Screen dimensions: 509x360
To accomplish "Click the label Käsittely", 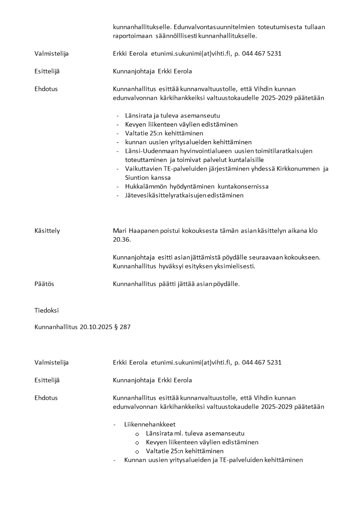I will [47, 231].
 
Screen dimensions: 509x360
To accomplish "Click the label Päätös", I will [44, 284].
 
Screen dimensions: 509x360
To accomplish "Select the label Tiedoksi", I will [46, 311].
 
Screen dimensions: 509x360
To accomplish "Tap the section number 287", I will [125, 327].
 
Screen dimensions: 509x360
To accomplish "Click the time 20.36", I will [120, 240].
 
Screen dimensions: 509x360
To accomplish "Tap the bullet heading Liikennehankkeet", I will [150, 425].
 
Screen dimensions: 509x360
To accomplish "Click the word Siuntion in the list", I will [138, 178].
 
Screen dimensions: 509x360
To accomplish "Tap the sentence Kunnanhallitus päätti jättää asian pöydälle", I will [176, 284].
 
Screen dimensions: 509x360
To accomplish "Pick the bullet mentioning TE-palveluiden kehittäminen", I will [213, 460].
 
